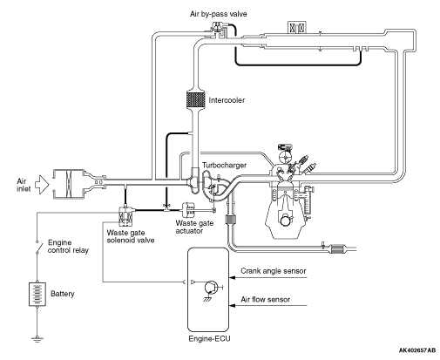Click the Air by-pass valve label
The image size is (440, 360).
point(219,14)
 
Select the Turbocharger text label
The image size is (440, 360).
point(224,166)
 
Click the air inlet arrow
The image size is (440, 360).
point(42,185)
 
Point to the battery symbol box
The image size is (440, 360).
point(37,294)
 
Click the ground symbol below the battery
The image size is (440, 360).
point(37,339)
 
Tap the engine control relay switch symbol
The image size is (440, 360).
point(37,247)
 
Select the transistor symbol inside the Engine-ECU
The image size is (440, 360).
point(211,288)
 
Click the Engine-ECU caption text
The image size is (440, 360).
point(209,338)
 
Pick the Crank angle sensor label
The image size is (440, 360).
point(274,271)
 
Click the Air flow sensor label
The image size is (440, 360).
point(265,299)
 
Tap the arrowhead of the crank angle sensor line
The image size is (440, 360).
point(232,277)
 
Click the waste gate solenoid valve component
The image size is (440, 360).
point(126,215)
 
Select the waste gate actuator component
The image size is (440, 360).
point(188,209)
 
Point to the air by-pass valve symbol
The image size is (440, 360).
point(216,30)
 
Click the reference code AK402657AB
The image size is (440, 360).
point(417,350)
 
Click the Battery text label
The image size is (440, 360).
point(63,294)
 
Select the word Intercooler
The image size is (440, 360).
point(227,100)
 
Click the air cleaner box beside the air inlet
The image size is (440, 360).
point(69,184)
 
